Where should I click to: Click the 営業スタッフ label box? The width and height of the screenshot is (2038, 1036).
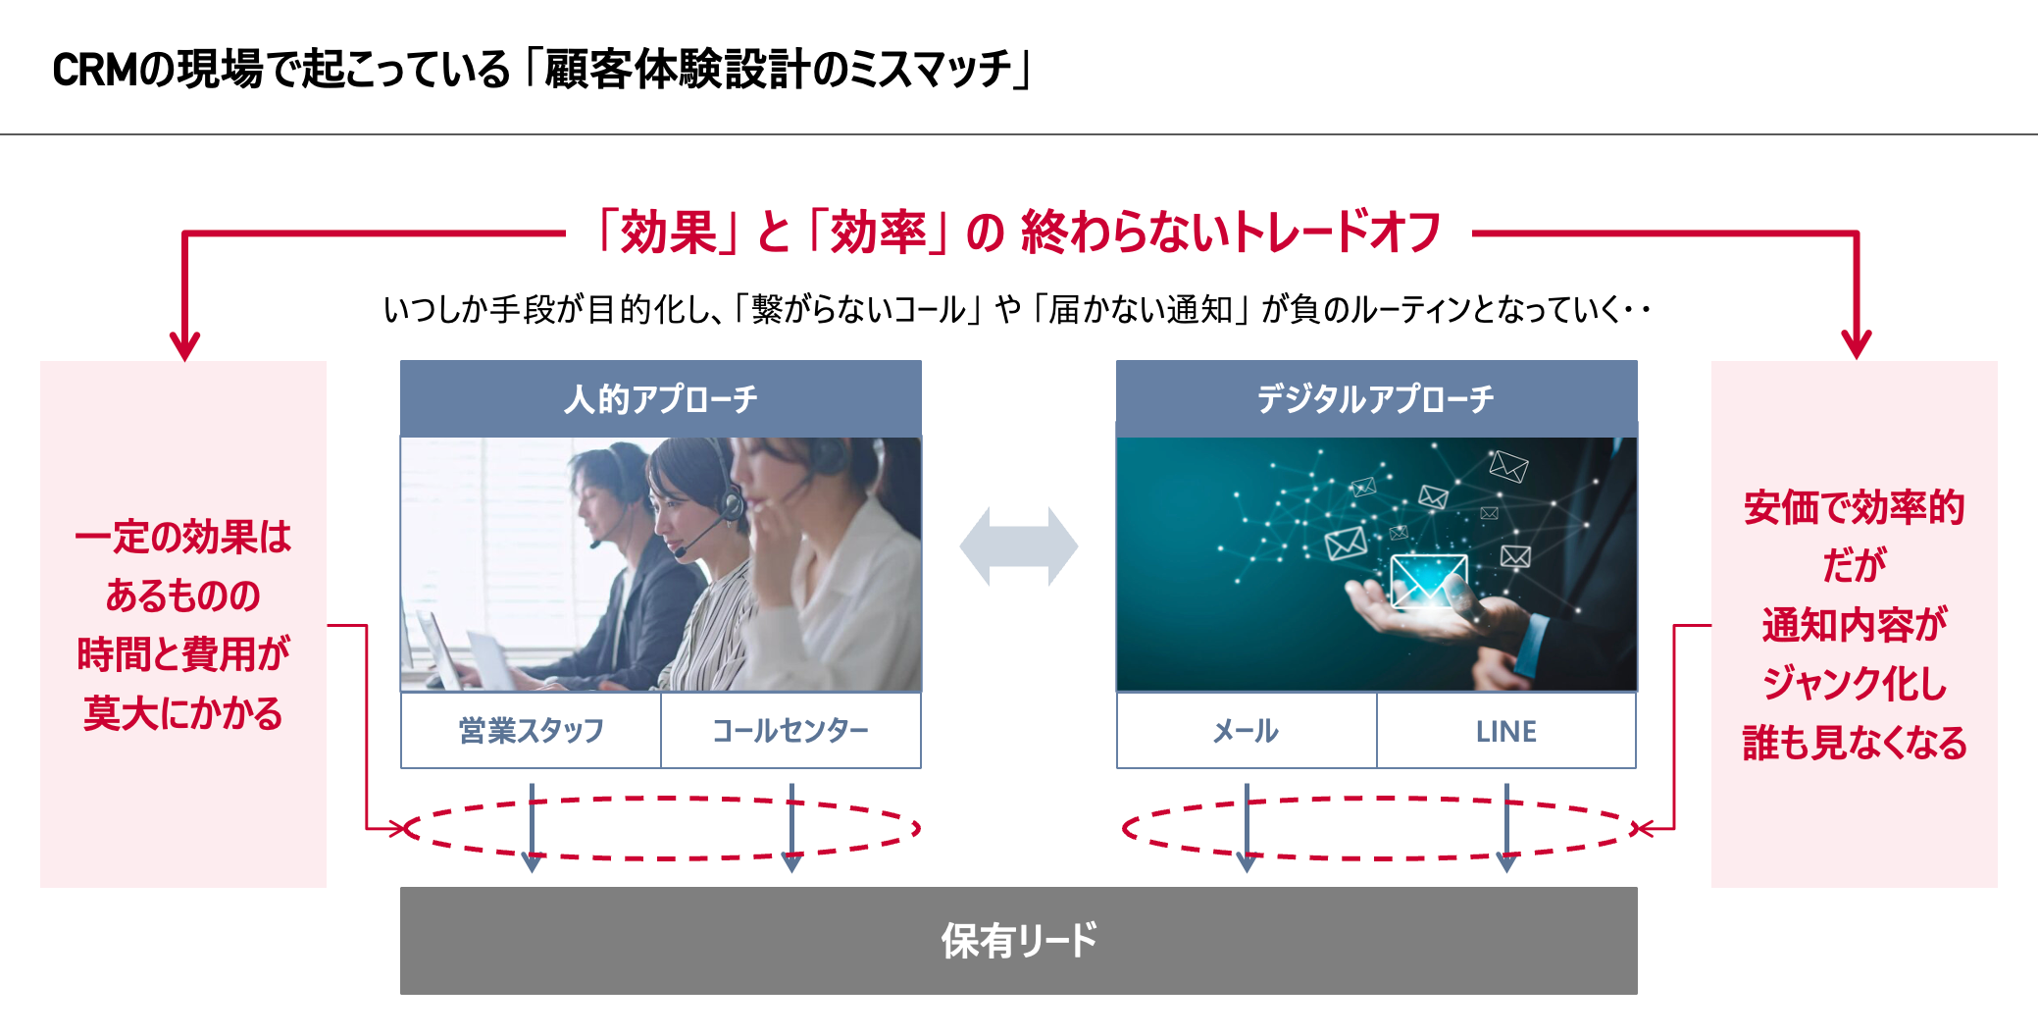pos(531,731)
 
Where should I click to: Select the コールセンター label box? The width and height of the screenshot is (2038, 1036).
pos(790,731)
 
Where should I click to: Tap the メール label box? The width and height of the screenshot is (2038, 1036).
pos(1246,731)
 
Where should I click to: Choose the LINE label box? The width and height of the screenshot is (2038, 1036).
pos(1505,731)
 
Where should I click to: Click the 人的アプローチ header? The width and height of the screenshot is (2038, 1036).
pos(660,398)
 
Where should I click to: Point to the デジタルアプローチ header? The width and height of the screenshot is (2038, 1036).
pos(1376,398)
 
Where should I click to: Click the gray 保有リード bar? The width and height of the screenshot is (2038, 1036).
pos(1018,940)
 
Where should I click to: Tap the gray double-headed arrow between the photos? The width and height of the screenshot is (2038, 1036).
pos(1018,546)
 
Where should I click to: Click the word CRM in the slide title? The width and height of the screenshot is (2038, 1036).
pos(94,71)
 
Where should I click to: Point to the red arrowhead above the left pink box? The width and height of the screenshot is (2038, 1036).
pos(184,345)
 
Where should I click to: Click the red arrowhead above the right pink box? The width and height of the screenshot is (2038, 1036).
pos(1856,344)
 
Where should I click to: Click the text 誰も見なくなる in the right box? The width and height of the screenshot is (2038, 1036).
pos(1854,743)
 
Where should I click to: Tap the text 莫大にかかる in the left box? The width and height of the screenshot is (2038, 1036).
pos(183,713)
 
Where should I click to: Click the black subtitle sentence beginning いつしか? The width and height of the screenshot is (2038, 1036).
pos(1016,310)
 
